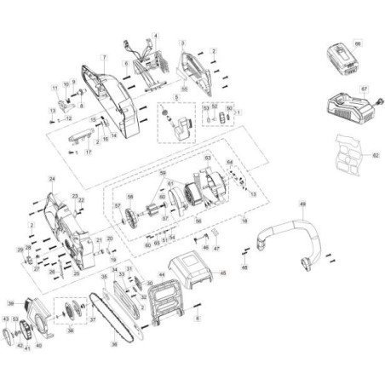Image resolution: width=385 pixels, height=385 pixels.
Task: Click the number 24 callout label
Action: [x=52, y=179]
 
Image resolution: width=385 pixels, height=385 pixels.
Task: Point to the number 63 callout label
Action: [x=206, y=157]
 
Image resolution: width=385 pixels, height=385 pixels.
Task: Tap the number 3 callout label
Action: [x=182, y=42]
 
